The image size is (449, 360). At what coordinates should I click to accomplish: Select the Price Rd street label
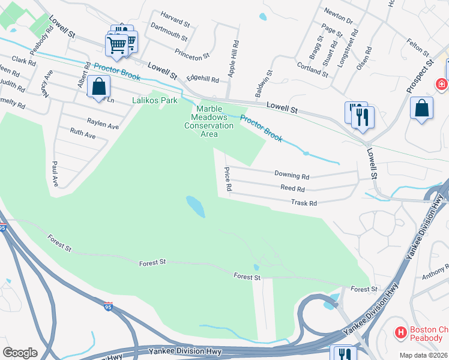click(228, 179)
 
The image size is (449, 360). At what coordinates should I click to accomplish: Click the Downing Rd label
click(292, 176)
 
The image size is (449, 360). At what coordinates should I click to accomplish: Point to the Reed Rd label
click(293, 188)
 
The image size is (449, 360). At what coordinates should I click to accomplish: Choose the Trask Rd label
click(303, 203)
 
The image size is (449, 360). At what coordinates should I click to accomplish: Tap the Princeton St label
click(192, 55)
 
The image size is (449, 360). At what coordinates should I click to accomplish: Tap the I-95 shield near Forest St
click(108, 307)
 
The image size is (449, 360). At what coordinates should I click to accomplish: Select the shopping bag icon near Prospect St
click(422, 109)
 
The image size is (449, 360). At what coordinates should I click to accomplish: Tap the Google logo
click(20, 353)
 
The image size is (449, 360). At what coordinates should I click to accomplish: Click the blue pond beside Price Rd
click(196, 206)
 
